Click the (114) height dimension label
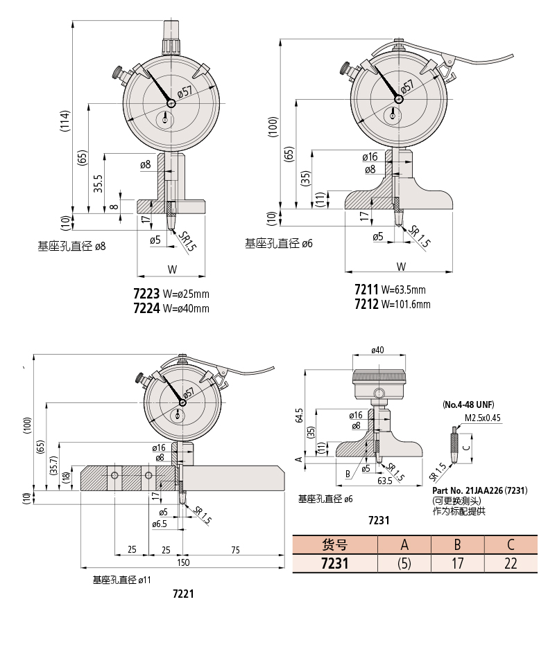pos(65,121)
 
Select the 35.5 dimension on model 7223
pos(98,183)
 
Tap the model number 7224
pos(146,308)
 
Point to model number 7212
pos(366,304)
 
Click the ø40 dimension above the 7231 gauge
pos(377,350)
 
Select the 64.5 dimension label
pos(299,416)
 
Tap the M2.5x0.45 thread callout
pos(483,418)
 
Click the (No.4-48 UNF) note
pos(468,404)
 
